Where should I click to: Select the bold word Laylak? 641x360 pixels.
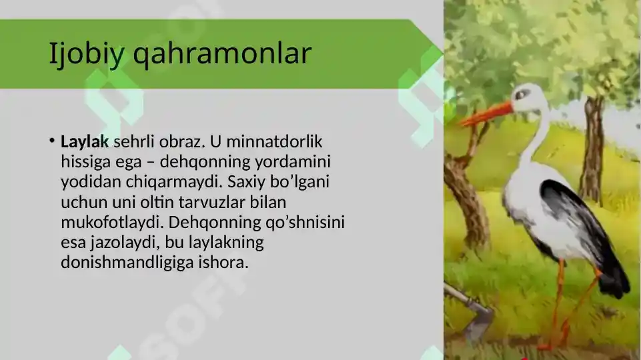point(85,141)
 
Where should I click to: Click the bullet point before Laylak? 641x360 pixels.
point(51,141)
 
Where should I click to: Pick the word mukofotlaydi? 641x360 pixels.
point(109,222)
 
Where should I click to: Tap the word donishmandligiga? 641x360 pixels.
point(127,262)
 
